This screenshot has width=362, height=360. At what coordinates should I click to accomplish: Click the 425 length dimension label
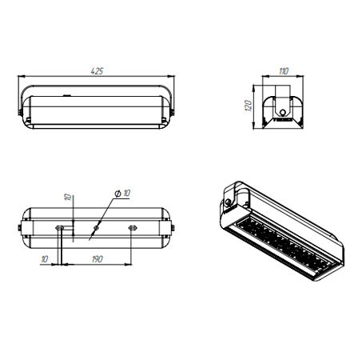(97, 71)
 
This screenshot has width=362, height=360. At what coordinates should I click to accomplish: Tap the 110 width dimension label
(284, 71)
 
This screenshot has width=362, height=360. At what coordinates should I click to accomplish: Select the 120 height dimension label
(248, 106)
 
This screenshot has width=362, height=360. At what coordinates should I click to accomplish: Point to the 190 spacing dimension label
(97, 259)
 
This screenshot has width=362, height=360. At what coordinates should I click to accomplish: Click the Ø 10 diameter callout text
(122, 193)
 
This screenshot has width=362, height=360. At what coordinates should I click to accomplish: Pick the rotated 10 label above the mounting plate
(68, 197)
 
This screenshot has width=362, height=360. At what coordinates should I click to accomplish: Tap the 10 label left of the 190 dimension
(45, 259)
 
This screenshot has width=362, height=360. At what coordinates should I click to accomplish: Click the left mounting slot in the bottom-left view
(59, 228)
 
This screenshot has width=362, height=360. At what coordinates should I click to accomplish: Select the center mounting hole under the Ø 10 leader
(97, 228)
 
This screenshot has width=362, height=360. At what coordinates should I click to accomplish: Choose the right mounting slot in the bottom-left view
(133, 228)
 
